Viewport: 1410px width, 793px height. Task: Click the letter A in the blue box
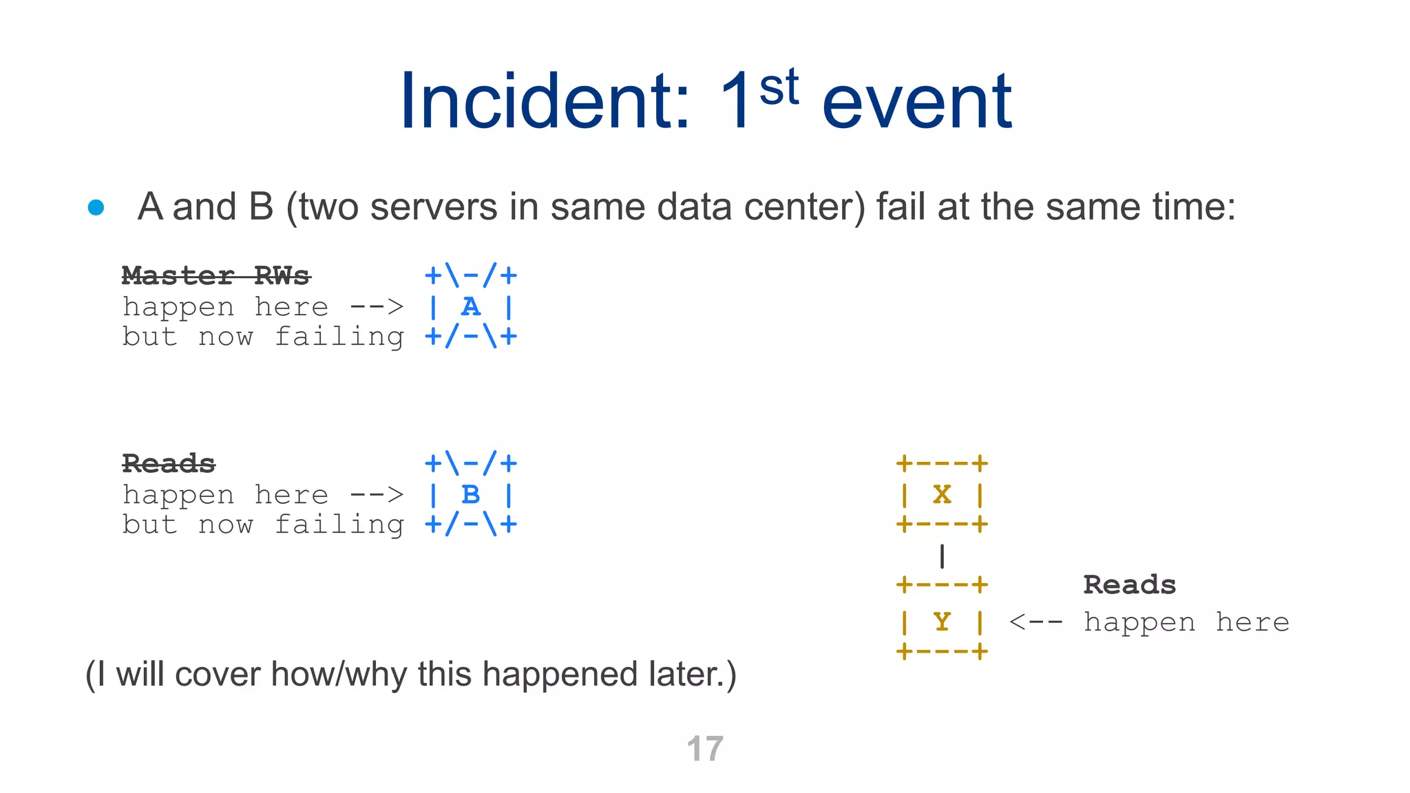(x=471, y=307)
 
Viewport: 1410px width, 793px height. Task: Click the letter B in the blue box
(x=471, y=495)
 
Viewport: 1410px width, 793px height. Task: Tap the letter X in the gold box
(x=942, y=494)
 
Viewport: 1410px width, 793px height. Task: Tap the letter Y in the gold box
(x=942, y=622)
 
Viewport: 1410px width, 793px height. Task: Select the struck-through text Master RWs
(x=215, y=276)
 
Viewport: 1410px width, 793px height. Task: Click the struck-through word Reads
(x=169, y=464)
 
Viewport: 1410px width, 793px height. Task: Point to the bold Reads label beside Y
(x=1129, y=585)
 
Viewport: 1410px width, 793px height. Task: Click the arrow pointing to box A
(x=376, y=307)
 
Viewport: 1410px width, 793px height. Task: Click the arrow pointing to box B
(x=376, y=495)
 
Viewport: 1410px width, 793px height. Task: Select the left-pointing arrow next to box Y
(x=1036, y=622)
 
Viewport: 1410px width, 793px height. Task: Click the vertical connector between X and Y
(x=942, y=556)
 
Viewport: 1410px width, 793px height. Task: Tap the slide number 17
(x=705, y=749)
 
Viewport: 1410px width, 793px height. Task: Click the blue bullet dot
(x=96, y=207)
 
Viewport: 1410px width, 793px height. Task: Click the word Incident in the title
(x=544, y=102)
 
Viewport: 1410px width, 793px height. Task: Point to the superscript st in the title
(x=779, y=88)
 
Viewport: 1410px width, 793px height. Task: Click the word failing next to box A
(x=339, y=337)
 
